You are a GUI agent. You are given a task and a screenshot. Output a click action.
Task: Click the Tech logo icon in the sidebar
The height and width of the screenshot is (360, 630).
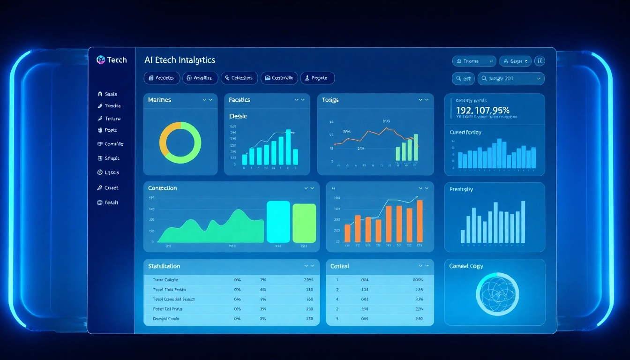[x=100, y=60]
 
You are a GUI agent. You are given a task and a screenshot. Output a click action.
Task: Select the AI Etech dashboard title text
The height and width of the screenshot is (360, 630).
[x=180, y=60]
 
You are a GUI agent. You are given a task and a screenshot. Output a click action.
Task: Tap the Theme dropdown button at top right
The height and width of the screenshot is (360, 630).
[x=473, y=61]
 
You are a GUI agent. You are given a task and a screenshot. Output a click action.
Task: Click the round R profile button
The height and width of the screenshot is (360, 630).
[x=540, y=61]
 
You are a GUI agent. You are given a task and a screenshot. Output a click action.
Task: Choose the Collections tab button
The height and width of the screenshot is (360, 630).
[x=239, y=78]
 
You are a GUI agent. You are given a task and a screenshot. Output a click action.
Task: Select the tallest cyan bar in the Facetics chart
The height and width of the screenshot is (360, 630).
[x=288, y=147]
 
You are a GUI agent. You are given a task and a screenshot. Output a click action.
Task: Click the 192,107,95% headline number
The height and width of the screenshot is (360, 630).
[x=482, y=111]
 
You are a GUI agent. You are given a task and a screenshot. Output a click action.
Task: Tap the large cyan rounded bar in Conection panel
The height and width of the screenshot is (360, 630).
[x=278, y=222]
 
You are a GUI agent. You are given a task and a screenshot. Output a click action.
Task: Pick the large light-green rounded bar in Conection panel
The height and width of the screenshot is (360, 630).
[x=304, y=223]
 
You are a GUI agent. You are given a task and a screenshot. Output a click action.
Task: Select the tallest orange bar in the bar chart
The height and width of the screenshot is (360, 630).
[x=420, y=221]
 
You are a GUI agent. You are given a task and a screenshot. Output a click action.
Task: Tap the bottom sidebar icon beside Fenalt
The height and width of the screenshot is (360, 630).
[x=100, y=202]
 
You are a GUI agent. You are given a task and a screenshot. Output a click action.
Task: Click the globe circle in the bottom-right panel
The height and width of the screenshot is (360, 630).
[x=497, y=294]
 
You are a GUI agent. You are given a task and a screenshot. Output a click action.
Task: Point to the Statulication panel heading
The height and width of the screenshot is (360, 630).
[x=164, y=266]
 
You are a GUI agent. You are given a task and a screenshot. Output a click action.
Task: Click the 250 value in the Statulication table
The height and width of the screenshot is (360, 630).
[x=309, y=319]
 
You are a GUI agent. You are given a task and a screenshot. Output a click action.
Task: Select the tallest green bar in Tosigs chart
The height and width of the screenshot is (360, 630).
[x=415, y=147]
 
